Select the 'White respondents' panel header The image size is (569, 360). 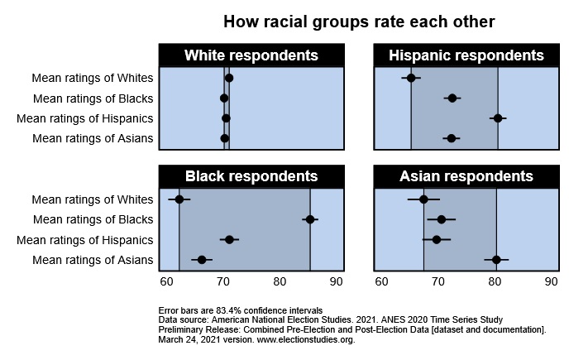pyautogui.click(x=251, y=55)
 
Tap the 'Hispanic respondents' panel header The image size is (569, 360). pyautogui.click(x=466, y=55)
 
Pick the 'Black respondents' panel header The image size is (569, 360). pyautogui.click(x=251, y=176)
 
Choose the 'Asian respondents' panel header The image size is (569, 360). pyautogui.click(x=466, y=176)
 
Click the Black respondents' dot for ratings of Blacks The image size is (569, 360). pyautogui.click(x=310, y=219)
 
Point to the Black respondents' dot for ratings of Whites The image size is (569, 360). pyautogui.click(x=179, y=199)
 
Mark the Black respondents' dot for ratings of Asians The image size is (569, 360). pyautogui.click(x=202, y=260)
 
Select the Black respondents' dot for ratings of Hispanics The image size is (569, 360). pyautogui.click(x=229, y=240)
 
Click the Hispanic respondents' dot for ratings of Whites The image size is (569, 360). pyautogui.click(x=411, y=78)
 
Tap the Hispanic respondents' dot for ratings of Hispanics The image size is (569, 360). pyautogui.click(x=498, y=118)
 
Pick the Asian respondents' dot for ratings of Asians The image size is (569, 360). pyautogui.click(x=496, y=260)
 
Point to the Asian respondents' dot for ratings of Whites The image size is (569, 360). pyautogui.click(x=423, y=199)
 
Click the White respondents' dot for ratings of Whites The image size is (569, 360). pyautogui.click(x=229, y=78)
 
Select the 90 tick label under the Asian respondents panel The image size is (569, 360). pyautogui.click(x=551, y=281)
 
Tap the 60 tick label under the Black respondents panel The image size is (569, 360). pyautogui.click(x=167, y=281)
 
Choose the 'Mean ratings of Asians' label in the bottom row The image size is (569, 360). pyautogui.click(x=92, y=260)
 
